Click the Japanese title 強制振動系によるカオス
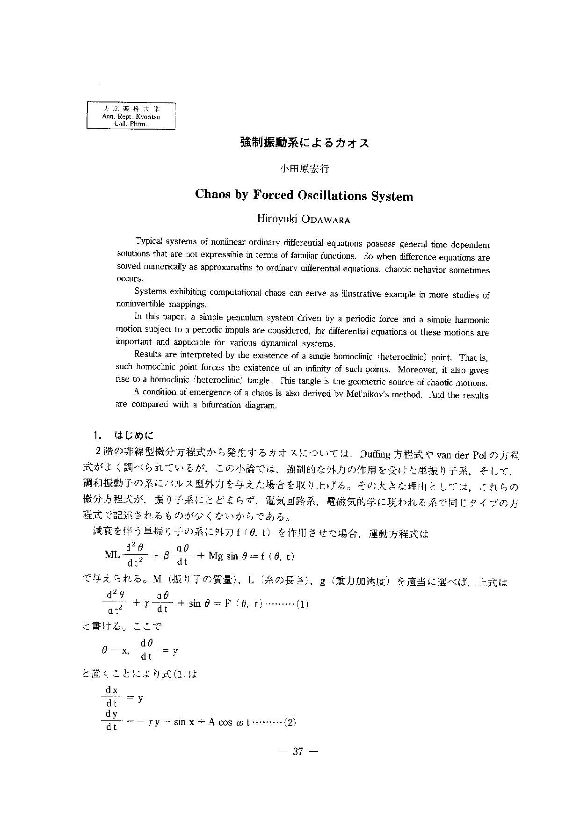[x=304, y=143]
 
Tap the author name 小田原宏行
[x=304, y=169]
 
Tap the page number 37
[x=298, y=752]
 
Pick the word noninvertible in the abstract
[x=138, y=305]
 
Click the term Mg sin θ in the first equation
[x=230, y=556]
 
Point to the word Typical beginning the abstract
[x=148, y=241]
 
